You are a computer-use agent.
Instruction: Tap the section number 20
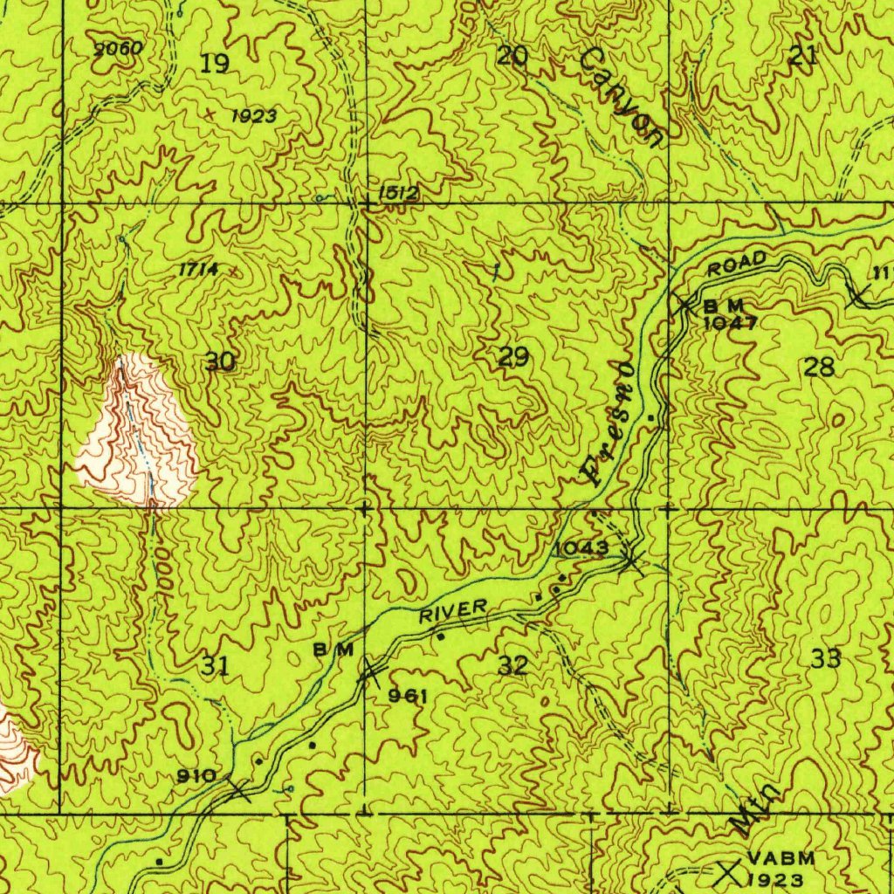(x=512, y=57)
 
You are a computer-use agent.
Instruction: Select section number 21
(x=803, y=57)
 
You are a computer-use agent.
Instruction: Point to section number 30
(x=221, y=361)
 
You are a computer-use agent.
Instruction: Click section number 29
(x=513, y=356)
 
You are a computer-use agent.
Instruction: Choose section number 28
(x=819, y=367)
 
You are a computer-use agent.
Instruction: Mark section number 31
(x=215, y=667)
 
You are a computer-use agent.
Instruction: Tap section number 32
(x=513, y=665)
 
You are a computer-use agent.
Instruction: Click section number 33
(x=825, y=658)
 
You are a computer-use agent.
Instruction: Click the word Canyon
(x=623, y=96)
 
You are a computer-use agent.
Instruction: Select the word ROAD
(x=737, y=265)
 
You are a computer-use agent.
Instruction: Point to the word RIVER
(x=453, y=610)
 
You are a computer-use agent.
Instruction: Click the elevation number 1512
(x=399, y=193)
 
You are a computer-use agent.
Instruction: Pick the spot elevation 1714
(x=198, y=270)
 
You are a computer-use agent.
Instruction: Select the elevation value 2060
(x=118, y=49)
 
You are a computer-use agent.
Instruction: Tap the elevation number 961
(x=408, y=696)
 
